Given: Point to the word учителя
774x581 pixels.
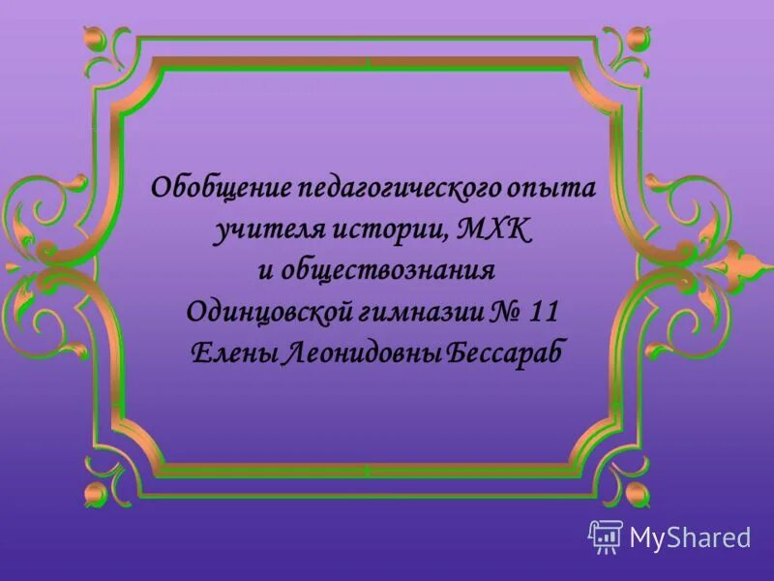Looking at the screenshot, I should coord(261,230).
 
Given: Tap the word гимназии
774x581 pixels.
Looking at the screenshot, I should coord(414,313).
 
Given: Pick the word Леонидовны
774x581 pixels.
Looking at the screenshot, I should coord(361,354).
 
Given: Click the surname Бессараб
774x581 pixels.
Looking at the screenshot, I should coord(504,354).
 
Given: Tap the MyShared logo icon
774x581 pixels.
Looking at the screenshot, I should coord(605,536).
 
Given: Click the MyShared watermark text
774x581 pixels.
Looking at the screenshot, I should coord(690,537).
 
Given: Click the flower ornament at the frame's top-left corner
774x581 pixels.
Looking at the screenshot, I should coord(98,40).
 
